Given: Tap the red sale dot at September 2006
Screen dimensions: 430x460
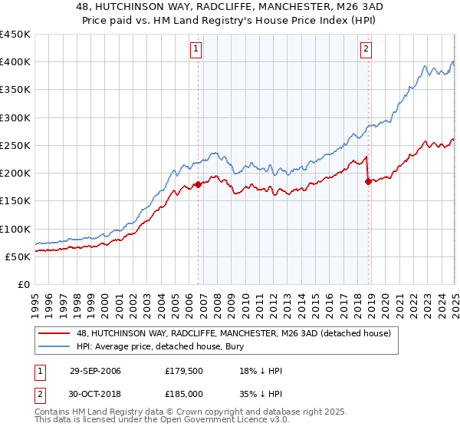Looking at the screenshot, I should pyautogui.click(x=199, y=184).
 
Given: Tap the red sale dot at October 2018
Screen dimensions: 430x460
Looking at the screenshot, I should pyautogui.click(x=368, y=181).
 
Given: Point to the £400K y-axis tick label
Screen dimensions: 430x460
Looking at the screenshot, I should pyautogui.click(x=15, y=62).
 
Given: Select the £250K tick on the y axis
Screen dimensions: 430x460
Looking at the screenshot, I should pyautogui.click(x=15, y=145).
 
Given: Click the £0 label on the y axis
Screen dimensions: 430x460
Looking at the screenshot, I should pyautogui.click(x=23, y=284).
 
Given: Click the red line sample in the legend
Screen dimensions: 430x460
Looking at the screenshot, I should pyautogui.click(x=52, y=333).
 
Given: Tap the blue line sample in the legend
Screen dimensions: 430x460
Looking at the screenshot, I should pyautogui.click(x=52, y=347).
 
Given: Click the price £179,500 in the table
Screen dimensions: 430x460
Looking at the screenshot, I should pyautogui.click(x=182, y=371).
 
